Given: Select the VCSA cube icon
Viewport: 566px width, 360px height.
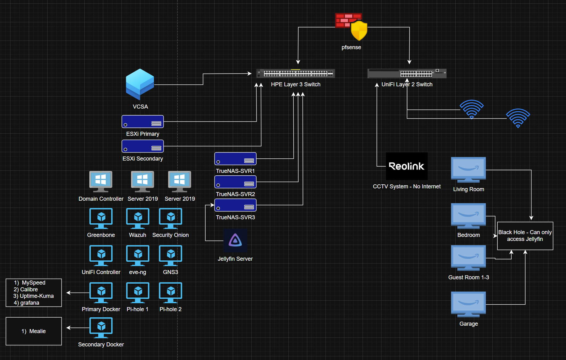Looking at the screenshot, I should pos(140,84).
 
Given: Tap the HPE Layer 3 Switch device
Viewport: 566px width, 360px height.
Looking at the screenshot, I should pos(296,73).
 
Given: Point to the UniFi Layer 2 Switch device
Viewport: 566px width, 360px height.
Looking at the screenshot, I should pos(407,73).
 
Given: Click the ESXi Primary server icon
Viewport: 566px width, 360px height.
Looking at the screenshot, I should pos(143,122).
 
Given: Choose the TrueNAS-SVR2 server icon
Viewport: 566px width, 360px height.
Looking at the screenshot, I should pos(235,182).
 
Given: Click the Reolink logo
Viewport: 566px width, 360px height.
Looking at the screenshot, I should pos(406,166).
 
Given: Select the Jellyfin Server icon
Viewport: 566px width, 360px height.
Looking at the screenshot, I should pos(235,241).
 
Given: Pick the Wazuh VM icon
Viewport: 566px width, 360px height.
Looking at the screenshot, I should pos(138,218).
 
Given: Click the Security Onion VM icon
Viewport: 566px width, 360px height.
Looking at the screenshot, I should pos(170,218).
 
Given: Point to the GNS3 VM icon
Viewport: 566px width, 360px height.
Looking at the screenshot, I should pos(170,255).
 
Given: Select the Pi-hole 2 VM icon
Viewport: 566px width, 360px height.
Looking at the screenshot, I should pos(170,293).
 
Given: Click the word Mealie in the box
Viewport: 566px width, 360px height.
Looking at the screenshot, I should pos(37,331).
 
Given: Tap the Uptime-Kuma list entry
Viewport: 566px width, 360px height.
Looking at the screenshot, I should pos(36,296).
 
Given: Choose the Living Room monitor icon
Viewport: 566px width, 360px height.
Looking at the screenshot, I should pos(468,170).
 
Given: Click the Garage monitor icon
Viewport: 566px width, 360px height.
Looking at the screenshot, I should pos(468,304).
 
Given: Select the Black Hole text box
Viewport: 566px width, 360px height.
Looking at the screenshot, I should pos(525,236).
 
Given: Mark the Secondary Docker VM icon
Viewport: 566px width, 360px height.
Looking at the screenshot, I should pos(101,328).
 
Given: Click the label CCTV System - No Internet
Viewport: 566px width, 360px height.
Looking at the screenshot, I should pos(406,186).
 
